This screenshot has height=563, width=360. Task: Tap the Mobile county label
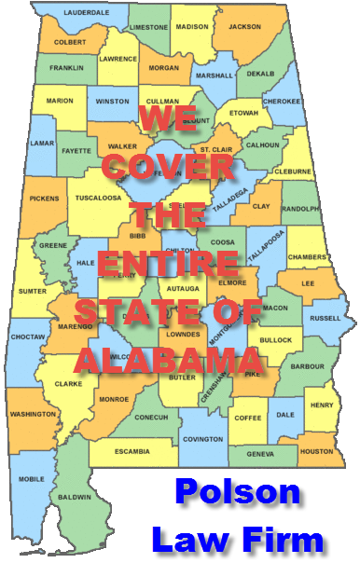(x=31, y=479)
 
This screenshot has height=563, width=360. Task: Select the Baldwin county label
(x=94, y=498)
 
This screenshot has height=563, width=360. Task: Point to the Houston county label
(x=316, y=451)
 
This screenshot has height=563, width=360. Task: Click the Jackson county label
(x=245, y=27)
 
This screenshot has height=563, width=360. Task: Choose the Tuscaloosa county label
(x=98, y=198)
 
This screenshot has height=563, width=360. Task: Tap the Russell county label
(x=325, y=318)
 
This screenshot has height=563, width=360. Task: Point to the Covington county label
(x=202, y=438)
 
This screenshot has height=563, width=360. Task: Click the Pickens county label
(x=43, y=199)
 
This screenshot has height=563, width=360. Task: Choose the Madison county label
(x=192, y=28)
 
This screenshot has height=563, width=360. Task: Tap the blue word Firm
(x=288, y=539)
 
